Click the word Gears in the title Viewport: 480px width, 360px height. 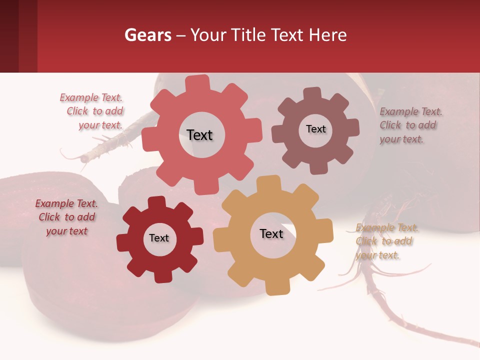[x=147, y=35]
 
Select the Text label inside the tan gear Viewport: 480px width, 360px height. [x=271, y=234]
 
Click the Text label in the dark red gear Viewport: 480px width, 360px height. [x=159, y=238]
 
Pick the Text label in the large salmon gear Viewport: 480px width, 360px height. [x=199, y=135]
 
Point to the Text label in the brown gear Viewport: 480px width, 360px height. [x=315, y=129]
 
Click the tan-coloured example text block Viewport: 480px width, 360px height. [x=386, y=241]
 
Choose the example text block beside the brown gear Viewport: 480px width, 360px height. [x=410, y=125]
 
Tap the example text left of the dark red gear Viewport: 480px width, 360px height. [x=66, y=217]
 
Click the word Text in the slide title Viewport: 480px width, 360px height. [x=287, y=35]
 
